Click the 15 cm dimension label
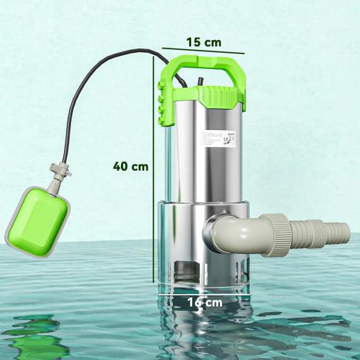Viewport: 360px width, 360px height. coord(203,41)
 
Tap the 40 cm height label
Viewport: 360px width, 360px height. coord(130,167)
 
